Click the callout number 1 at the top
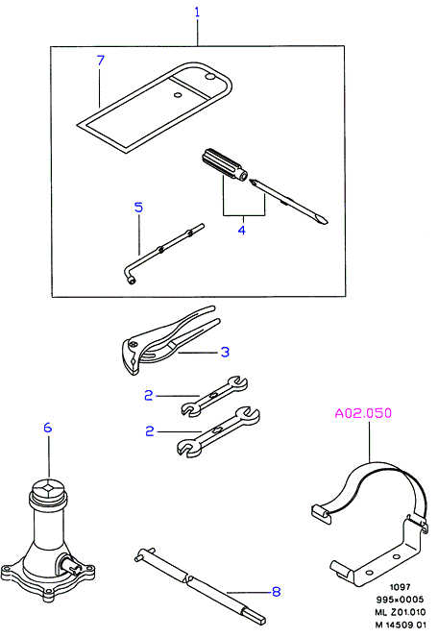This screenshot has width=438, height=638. tap(197, 12)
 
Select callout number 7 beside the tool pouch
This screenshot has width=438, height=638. tap(101, 61)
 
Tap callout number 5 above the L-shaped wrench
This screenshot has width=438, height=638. tap(138, 208)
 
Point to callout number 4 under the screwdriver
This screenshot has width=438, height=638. tap(241, 230)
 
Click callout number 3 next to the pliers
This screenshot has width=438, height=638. tap(225, 352)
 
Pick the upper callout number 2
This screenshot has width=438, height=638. tap(149, 395)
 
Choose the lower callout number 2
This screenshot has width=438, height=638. tap(150, 430)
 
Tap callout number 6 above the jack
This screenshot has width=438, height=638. tap(48, 428)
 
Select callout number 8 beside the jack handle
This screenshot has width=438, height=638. tap(276, 591)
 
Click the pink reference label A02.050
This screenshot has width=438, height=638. tap(363, 413)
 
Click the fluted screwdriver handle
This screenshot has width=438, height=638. tap(225, 165)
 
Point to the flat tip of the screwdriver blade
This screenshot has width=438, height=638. tap(324, 221)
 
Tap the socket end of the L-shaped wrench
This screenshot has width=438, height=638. tap(131, 281)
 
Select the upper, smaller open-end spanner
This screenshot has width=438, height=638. tap(214, 396)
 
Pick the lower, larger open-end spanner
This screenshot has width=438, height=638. tap(218, 431)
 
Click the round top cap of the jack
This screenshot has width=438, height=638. tap(48, 487)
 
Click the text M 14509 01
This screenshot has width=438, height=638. tap(401, 625)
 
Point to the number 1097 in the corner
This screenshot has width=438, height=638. tap(401, 587)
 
